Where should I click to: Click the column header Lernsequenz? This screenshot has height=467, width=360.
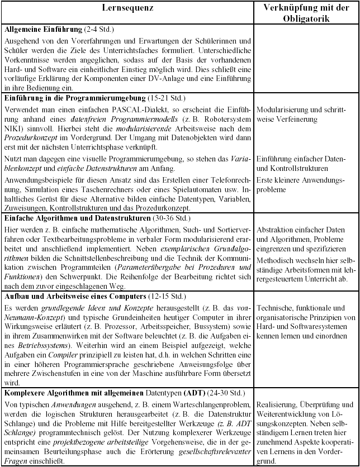click(x=127, y=9)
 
